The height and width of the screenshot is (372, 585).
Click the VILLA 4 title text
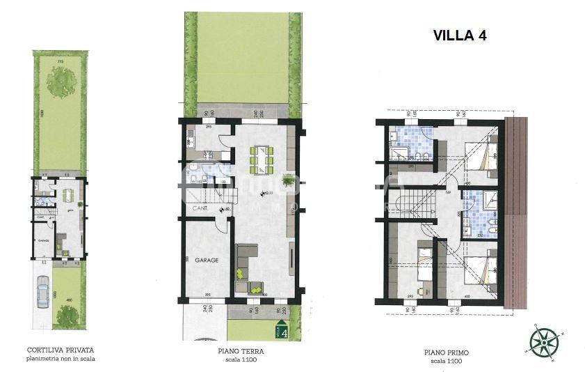(x=459, y=36)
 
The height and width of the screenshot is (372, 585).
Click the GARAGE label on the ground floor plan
(x=207, y=260)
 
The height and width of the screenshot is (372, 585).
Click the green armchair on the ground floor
(x=256, y=286)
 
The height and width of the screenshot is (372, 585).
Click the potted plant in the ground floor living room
(x=294, y=176)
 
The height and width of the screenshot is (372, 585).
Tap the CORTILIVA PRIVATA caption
(x=60, y=350)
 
